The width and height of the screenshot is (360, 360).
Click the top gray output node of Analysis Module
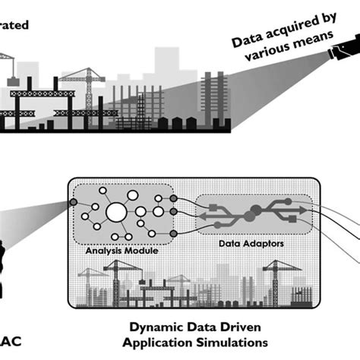click(173, 199)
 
